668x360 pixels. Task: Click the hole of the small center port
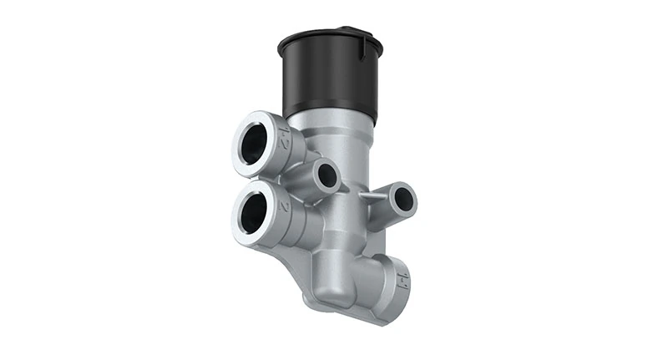(x=327, y=175)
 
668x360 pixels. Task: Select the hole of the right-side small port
(x=403, y=198)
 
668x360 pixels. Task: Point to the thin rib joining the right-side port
(x=372, y=194)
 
